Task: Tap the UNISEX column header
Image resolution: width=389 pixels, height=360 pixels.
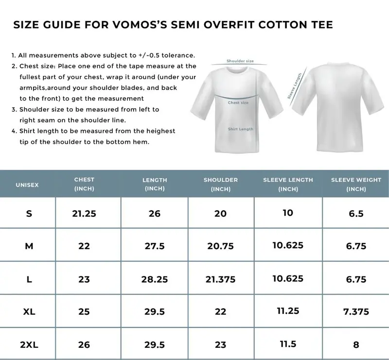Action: point(27,185)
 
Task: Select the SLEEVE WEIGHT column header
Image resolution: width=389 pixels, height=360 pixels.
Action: point(356,184)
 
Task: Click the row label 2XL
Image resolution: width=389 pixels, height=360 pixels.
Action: point(29,345)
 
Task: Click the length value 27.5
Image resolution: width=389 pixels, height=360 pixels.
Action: point(155,246)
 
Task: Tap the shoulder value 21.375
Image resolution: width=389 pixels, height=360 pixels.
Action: point(221,279)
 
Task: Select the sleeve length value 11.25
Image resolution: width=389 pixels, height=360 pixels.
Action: point(288,311)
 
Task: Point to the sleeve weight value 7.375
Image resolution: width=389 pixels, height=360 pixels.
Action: point(356,312)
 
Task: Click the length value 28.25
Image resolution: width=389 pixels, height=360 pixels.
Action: point(155,279)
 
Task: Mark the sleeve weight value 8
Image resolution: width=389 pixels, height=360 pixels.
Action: point(356,345)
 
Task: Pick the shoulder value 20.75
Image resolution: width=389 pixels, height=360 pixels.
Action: point(221,246)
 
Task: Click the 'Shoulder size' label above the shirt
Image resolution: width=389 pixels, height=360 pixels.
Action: point(240,61)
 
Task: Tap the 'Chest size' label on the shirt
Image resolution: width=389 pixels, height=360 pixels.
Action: point(238,103)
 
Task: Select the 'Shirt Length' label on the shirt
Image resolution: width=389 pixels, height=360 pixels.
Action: point(241,129)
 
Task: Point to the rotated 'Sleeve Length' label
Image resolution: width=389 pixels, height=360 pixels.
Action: point(295,86)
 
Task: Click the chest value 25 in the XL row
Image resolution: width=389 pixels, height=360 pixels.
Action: point(84,312)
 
